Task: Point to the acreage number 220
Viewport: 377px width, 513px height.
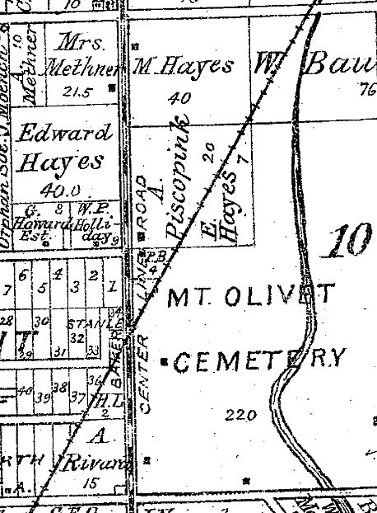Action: (240, 415)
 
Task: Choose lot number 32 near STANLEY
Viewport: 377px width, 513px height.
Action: (78, 337)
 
